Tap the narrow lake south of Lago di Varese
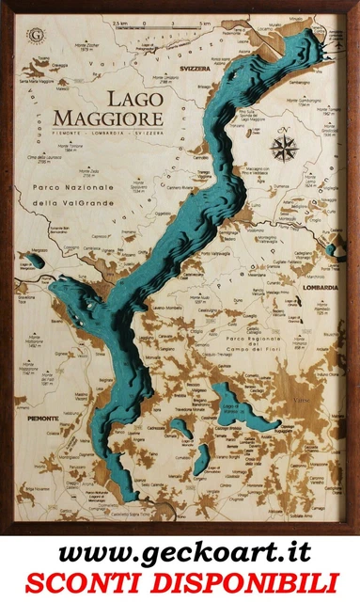(201, 459)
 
